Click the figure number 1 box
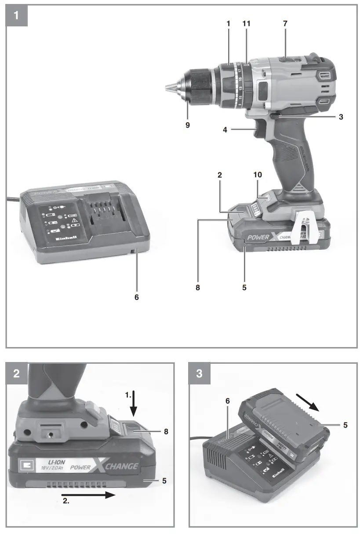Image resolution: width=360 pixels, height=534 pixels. tap(17, 16)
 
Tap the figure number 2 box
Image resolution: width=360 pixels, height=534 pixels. tap(17, 374)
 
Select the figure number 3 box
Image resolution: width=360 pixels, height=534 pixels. tap(200, 374)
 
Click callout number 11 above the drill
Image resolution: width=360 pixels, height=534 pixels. tap(246, 24)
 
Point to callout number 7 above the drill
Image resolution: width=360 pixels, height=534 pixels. tap(285, 24)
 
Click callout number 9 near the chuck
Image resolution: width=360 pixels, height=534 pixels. tap(188, 125)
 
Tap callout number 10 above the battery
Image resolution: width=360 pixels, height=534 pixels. tap(258, 175)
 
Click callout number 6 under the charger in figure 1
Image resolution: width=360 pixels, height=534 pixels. tap(137, 297)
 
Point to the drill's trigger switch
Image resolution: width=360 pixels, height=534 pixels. tap(258, 132)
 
